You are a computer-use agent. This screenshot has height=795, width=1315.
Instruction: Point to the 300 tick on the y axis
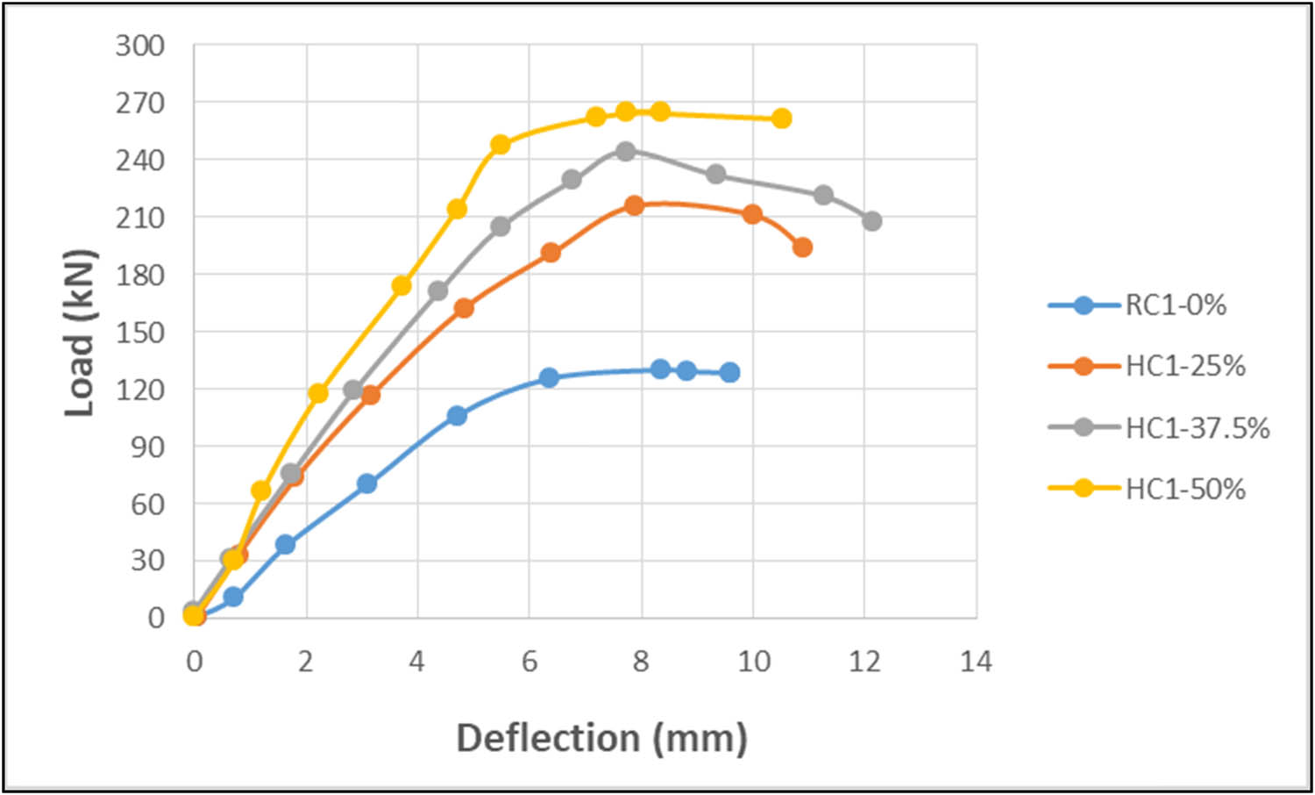click(140, 46)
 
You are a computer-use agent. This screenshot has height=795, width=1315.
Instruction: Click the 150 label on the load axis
click(140, 333)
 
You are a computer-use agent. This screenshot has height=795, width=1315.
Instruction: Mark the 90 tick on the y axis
click(147, 447)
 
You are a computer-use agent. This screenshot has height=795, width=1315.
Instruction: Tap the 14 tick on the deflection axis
click(975, 662)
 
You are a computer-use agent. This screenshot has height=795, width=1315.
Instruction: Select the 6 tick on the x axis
click(530, 662)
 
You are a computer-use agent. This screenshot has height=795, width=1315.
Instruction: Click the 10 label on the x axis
click(753, 662)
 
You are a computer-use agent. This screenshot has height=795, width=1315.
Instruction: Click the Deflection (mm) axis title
click(601, 737)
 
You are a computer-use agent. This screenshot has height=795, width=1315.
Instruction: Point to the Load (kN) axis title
click(80, 333)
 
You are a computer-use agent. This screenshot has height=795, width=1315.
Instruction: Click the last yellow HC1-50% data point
click(781, 118)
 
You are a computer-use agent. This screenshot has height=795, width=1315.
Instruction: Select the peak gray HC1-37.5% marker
click(625, 151)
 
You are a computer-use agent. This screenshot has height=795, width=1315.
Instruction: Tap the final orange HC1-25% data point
click(802, 247)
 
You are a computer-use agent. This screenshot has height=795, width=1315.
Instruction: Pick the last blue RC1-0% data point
click(729, 373)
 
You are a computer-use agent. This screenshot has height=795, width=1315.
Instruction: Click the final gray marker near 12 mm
click(871, 221)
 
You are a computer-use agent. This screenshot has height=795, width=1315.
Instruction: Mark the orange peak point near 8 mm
click(634, 205)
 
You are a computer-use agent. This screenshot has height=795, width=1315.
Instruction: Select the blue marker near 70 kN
click(366, 483)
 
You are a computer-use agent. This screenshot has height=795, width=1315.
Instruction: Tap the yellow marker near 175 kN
click(402, 285)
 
